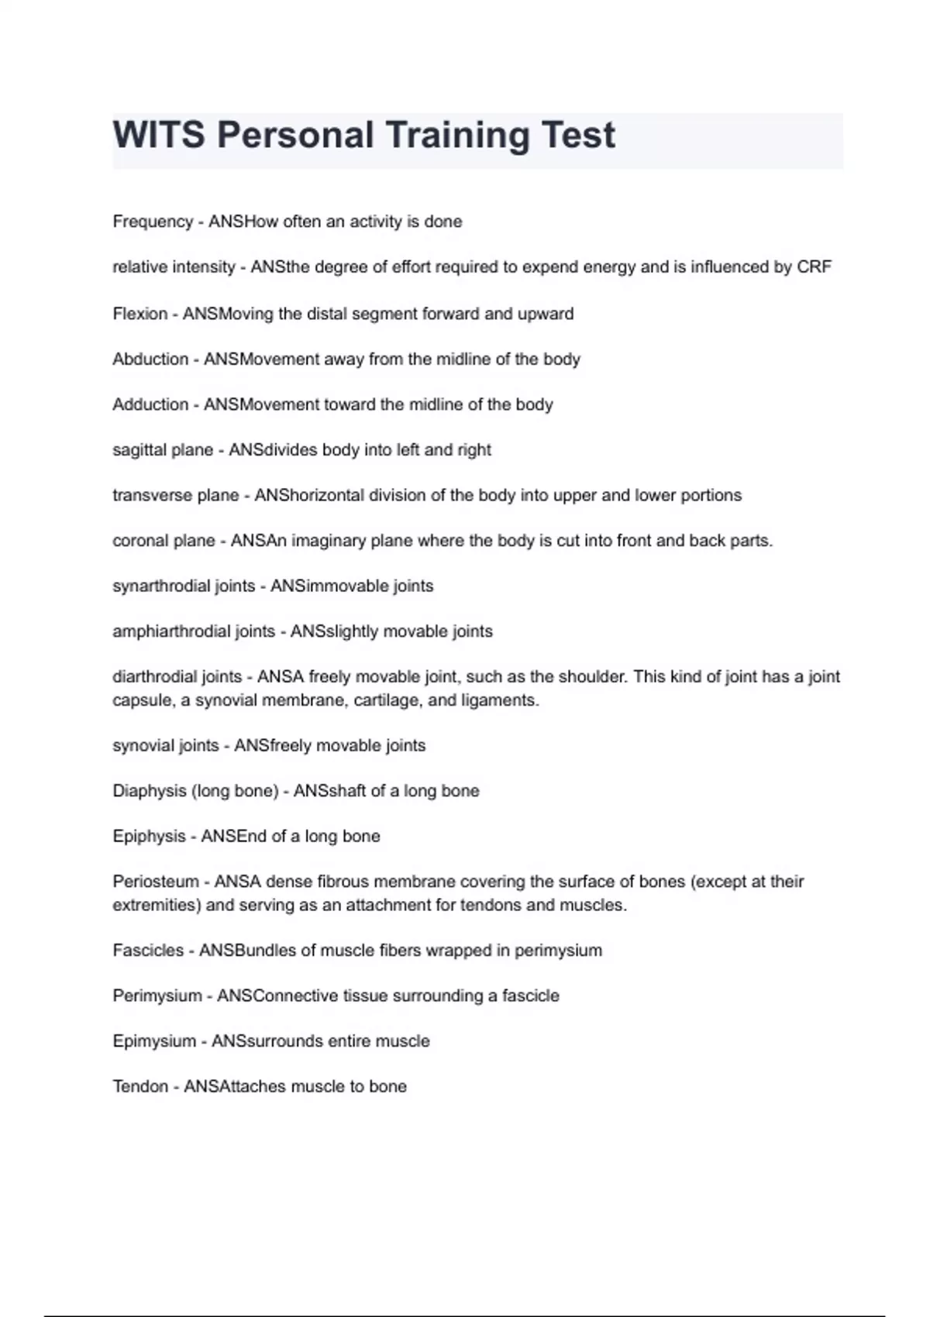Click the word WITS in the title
point(159,136)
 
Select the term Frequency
point(153,222)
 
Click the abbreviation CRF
point(814,267)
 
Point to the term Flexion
point(139,314)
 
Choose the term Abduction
point(150,359)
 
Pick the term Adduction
point(150,404)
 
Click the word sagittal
point(136,450)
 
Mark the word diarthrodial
point(150,677)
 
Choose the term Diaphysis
point(143,791)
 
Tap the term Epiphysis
point(149,837)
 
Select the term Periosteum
point(156,882)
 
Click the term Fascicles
point(148,951)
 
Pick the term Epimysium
point(154,1041)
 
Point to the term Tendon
point(140,1087)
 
